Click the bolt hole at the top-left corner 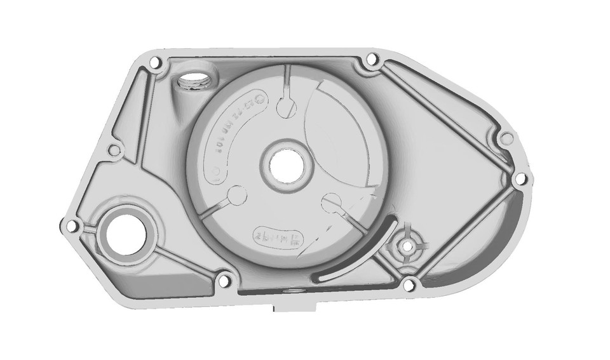click(x=153, y=62)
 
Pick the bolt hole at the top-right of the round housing click(x=371, y=62)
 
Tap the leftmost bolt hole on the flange click(x=71, y=225)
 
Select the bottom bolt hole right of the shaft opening click(x=222, y=280)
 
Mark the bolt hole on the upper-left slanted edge click(x=114, y=150)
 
